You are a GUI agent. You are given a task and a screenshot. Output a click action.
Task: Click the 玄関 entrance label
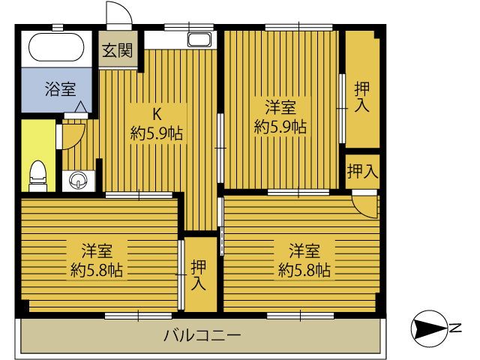pyautogui.click(x=117, y=50)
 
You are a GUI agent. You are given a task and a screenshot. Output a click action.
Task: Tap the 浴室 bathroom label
pyautogui.click(x=60, y=89)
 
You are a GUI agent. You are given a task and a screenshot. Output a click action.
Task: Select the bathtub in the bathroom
pyautogui.click(x=56, y=47)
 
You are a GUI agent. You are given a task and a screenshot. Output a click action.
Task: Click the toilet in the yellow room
pyautogui.click(x=38, y=176)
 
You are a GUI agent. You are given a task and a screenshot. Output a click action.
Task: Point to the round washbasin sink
pyautogui.click(x=78, y=181)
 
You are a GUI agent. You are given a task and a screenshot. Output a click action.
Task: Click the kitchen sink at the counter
pyautogui.click(x=199, y=40)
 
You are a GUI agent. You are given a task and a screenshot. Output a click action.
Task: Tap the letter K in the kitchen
pyautogui.click(x=157, y=114)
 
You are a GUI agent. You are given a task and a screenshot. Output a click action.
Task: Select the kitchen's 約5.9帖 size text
pyautogui.click(x=157, y=133)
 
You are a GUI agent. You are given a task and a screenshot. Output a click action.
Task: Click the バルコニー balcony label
pyautogui.click(x=202, y=336)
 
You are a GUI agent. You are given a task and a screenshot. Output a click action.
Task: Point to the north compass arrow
pyautogui.click(x=430, y=328)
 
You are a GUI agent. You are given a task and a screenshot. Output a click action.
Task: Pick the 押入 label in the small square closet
pyautogui.click(x=363, y=171)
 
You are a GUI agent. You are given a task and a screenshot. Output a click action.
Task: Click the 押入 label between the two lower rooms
pyautogui.click(x=198, y=275)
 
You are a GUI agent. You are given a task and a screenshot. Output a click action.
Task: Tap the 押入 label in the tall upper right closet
pyautogui.click(x=362, y=97)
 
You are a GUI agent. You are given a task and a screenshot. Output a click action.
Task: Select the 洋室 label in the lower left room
pyautogui.click(x=97, y=250)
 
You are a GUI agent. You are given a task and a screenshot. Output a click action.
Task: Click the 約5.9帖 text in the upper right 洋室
pyautogui.click(x=280, y=127)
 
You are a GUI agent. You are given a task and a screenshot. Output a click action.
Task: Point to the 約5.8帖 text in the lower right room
pyautogui.click(x=304, y=270)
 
